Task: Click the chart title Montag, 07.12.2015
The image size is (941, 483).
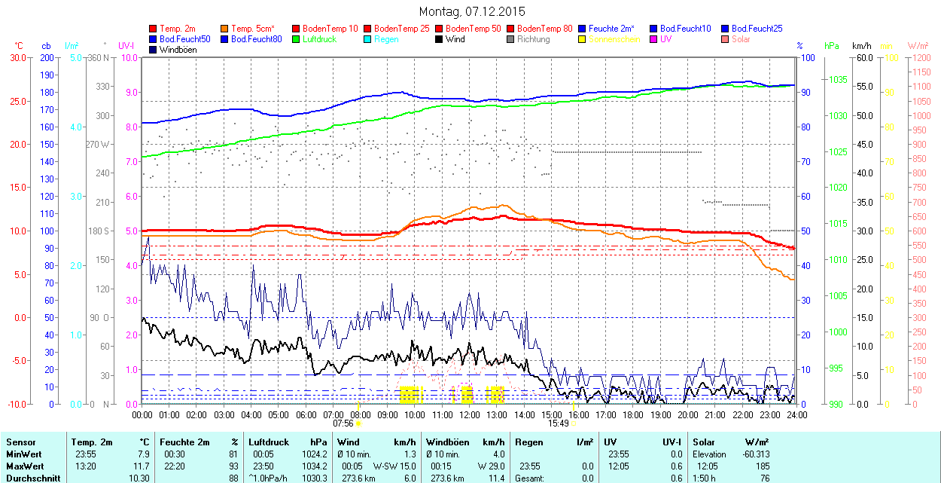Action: tap(471, 11)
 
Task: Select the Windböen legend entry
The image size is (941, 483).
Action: tap(178, 49)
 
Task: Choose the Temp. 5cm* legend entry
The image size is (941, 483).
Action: tap(252, 28)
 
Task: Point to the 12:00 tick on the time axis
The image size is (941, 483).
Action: tap(470, 414)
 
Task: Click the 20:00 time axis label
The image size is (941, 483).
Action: tap(688, 414)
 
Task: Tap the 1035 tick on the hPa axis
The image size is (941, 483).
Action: tap(839, 80)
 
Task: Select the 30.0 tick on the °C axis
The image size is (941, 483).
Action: tap(17, 57)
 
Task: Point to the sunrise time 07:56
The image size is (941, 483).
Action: tap(343, 423)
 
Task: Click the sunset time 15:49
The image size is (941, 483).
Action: tap(558, 423)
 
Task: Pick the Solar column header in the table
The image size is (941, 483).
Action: tap(704, 442)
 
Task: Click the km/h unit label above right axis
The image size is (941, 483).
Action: tap(862, 46)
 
